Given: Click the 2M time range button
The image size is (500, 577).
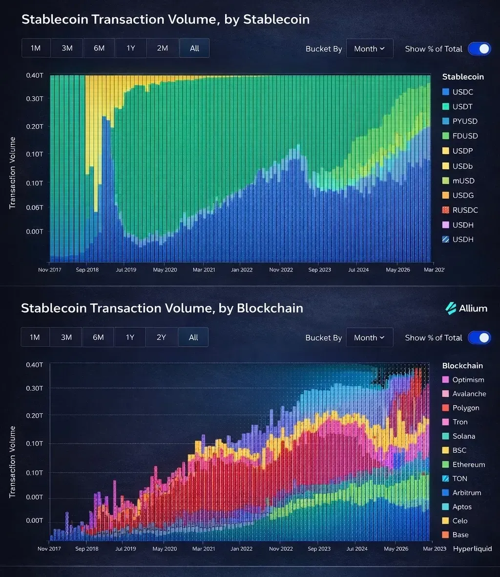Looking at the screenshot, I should click(x=162, y=48).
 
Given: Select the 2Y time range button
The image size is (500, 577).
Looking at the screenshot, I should click(x=161, y=337).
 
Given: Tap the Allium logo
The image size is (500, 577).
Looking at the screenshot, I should click(x=466, y=308).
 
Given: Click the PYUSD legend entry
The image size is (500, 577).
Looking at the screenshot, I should click(x=464, y=121).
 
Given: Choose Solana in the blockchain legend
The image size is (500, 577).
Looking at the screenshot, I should click(x=463, y=436).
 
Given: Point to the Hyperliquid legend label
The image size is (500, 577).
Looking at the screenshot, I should click(x=472, y=549).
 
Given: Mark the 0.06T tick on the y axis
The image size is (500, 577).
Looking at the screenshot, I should click(x=35, y=207).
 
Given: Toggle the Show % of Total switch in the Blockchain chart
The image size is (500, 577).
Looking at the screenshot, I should click(x=479, y=337).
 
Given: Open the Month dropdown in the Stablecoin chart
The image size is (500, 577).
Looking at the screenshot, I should click(x=370, y=48).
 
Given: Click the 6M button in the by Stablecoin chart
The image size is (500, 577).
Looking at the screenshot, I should click(x=99, y=48).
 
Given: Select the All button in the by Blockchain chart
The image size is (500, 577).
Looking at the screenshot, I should click(x=193, y=337).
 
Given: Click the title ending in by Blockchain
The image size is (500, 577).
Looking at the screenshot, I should click(x=162, y=308).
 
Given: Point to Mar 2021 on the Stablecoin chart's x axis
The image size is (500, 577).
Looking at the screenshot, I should click(x=203, y=270).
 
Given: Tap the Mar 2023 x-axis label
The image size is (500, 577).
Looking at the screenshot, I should click(x=434, y=549).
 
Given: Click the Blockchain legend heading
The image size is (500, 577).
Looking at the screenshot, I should click(x=462, y=366).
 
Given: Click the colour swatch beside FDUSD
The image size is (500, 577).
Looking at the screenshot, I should click(x=445, y=136).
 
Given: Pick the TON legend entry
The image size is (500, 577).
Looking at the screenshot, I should click(x=459, y=479).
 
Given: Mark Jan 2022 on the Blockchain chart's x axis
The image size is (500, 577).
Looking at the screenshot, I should click(x=241, y=549).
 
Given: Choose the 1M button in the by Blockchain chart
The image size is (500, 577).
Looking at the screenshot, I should click(x=35, y=337).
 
